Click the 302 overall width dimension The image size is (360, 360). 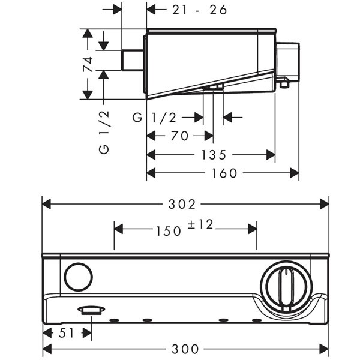coord(185,204)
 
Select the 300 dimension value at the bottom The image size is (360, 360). coord(185,349)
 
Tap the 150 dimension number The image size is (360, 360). coord(169,230)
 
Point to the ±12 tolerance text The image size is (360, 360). coord(200,224)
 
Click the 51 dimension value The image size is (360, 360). coord(67,333)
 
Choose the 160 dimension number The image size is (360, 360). coord(224,173)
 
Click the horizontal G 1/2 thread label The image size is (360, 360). coord(154,118)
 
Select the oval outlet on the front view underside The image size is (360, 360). coord(91,310)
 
